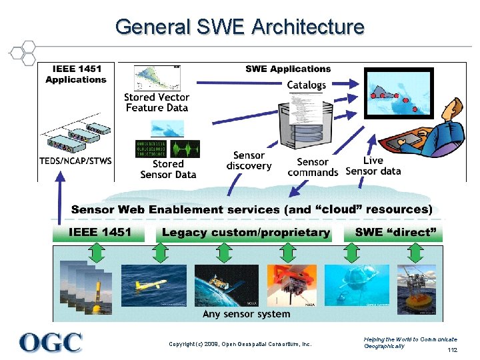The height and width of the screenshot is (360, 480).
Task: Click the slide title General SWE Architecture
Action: tap(239, 27)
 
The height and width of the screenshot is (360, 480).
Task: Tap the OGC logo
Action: tap(51, 342)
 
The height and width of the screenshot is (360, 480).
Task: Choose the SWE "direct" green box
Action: tap(393, 233)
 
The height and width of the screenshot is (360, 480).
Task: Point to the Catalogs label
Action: tap(307, 85)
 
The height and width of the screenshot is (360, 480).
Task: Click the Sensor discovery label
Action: tap(249, 161)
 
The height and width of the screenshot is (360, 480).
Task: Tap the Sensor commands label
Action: tap(313, 167)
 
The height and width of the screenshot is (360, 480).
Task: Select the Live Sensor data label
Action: tap(373, 165)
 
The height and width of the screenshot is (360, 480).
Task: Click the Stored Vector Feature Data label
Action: tap(157, 102)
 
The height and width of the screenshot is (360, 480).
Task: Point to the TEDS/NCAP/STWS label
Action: tap(75, 161)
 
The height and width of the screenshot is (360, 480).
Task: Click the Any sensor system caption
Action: tap(246, 313)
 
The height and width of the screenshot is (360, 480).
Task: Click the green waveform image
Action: tap(184, 148)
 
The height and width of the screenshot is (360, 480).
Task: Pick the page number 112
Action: tap(453, 350)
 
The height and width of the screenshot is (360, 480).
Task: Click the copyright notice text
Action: tap(240, 344)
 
